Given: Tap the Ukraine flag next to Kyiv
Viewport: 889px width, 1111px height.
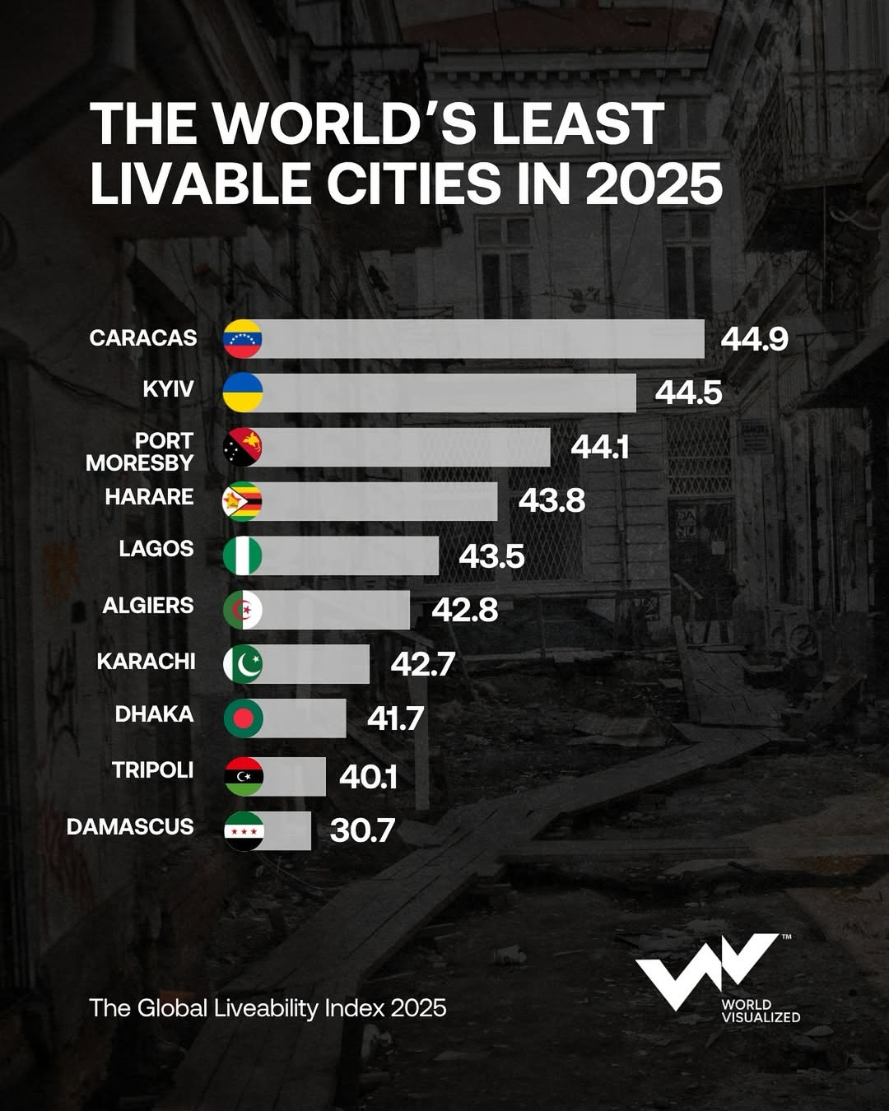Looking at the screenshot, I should [243, 393].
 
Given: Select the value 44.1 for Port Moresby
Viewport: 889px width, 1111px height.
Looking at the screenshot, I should [600, 447].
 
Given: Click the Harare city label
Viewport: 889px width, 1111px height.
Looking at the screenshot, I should [149, 497].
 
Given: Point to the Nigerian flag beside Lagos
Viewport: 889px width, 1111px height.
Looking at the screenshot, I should [243, 555].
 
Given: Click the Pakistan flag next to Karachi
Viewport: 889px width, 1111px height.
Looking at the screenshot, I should [243, 664].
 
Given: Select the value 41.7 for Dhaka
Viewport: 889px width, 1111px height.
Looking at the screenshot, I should [395, 718].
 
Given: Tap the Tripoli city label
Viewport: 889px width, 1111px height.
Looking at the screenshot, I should [152, 770].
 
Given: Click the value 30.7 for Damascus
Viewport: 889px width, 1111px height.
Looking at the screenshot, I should [362, 830].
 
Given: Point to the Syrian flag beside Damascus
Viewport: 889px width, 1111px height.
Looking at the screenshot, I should [244, 831].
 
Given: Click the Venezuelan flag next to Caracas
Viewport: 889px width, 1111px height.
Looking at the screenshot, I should [243, 339].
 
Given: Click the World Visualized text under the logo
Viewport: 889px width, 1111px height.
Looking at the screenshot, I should [760, 1011].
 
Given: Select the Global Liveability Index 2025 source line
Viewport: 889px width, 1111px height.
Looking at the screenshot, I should [268, 1008].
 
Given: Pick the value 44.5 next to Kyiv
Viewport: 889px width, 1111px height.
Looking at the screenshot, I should [688, 393].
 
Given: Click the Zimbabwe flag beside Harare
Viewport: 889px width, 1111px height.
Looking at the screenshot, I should [243, 501].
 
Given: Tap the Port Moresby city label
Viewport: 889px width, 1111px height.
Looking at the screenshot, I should [140, 452].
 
